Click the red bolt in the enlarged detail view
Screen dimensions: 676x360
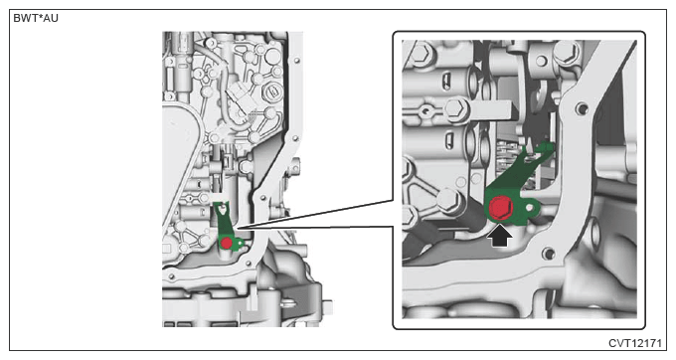point(500,208)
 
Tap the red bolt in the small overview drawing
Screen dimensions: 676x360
point(227,244)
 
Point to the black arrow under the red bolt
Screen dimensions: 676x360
point(500,236)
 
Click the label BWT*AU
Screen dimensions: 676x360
point(36,19)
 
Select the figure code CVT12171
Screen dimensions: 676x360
point(634,343)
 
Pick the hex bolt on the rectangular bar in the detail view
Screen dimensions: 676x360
point(456,108)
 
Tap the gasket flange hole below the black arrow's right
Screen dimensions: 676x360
point(549,254)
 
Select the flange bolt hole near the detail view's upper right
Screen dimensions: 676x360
point(582,107)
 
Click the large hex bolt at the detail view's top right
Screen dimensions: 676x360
point(566,53)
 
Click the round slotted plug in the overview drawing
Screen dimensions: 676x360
point(271,90)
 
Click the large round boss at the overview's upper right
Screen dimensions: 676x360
point(273,56)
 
